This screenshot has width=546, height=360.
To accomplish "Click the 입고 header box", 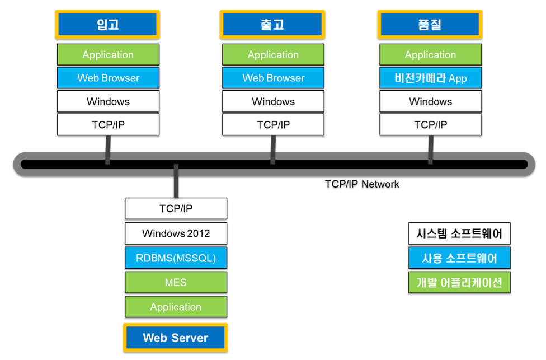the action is [107, 25].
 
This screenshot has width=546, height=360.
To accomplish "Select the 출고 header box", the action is [272, 25].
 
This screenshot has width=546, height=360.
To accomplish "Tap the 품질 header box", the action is [430, 25].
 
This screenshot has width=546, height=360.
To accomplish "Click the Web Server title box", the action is [176, 338].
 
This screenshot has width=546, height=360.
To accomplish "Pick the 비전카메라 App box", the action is [431, 78].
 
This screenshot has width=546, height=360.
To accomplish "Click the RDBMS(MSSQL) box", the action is [176, 258].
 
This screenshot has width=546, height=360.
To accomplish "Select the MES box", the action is [176, 282].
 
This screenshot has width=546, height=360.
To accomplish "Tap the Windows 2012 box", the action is [176, 233].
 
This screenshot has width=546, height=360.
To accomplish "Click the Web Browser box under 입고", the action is [109, 78].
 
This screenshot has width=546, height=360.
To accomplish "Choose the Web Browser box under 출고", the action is [274, 78].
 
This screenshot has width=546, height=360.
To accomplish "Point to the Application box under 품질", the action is [431, 54].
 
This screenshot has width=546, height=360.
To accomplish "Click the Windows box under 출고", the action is [274, 101].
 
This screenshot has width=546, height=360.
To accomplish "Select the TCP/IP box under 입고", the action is [109, 124].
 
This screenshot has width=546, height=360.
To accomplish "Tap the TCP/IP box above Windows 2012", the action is [176, 208].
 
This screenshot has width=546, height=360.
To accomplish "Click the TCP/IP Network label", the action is [362, 184].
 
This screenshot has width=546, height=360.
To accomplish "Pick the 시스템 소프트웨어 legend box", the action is [459, 233].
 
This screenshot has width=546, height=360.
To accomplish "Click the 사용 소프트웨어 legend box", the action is [459, 258].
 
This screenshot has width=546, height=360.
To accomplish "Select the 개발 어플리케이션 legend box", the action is [459, 282].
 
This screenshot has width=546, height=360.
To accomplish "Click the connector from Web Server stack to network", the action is [176, 181].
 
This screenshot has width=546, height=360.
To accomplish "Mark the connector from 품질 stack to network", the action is [431, 149].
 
